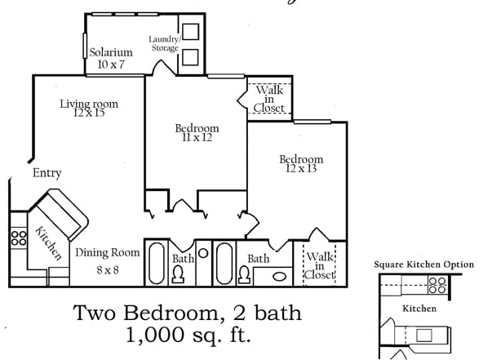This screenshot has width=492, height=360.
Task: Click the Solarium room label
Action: click(x=111, y=52)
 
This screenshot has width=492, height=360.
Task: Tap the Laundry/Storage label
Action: click(x=163, y=44)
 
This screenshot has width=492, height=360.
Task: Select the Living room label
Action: click(x=89, y=104)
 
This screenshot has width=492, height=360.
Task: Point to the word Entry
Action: click(x=47, y=173)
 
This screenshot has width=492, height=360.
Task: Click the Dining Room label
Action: click(x=108, y=253)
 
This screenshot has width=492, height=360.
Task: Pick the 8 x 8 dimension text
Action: click(x=108, y=269)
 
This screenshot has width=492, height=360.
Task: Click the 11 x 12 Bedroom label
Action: click(x=197, y=128)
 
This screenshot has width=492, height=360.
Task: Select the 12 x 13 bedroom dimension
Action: click(x=300, y=169)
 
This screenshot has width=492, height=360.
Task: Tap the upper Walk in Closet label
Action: click(x=268, y=98)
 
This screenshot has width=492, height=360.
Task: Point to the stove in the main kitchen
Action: click(x=18, y=238)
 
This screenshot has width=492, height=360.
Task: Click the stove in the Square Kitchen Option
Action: click(x=437, y=287)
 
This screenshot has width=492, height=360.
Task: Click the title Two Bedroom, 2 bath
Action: click(x=187, y=313)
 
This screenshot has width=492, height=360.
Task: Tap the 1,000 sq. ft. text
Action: click(x=187, y=334)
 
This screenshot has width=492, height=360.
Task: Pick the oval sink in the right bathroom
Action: click(x=279, y=276)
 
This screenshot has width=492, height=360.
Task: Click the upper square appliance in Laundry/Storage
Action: click(x=190, y=32)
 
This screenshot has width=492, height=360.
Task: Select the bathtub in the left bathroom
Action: click(x=156, y=262)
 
